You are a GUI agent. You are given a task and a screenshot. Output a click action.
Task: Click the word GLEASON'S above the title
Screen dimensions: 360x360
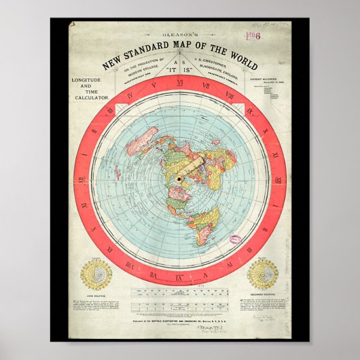click(179, 53)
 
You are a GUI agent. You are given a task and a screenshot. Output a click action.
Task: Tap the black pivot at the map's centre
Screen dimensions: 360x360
click(180, 179)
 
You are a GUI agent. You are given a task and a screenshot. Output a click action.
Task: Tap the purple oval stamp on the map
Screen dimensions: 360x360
click(234, 240)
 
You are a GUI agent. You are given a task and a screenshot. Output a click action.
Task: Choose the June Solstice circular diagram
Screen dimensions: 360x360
click(96, 273)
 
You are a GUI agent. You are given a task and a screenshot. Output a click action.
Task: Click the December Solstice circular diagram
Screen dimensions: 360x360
click(262, 274)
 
